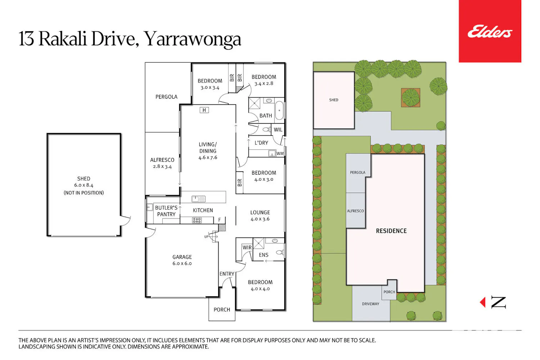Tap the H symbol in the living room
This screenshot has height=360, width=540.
(204, 110)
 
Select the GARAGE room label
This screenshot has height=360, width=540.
(182, 257)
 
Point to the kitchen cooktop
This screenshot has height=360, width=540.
(197, 220)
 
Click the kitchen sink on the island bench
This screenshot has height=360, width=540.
(198, 199)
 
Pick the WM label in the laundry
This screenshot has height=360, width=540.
(280, 154)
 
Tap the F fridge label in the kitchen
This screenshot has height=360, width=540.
(219, 220)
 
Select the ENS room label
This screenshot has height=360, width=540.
(264, 255)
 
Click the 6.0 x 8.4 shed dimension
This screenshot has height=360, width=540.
(84, 185)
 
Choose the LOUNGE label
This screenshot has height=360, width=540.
(260, 212)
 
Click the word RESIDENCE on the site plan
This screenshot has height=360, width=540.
(391, 231)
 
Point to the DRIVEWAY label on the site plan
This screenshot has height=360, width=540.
(370, 304)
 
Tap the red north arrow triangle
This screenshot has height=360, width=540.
(483, 302)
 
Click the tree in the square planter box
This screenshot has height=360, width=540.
(410, 98)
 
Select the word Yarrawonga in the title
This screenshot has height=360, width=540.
(192, 39)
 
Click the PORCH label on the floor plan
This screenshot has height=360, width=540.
(222, 310)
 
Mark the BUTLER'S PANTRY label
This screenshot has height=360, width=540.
(166, 211)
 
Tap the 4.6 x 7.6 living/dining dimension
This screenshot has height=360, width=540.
(208, 157)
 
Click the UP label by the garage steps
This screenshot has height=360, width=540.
(206, 237)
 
